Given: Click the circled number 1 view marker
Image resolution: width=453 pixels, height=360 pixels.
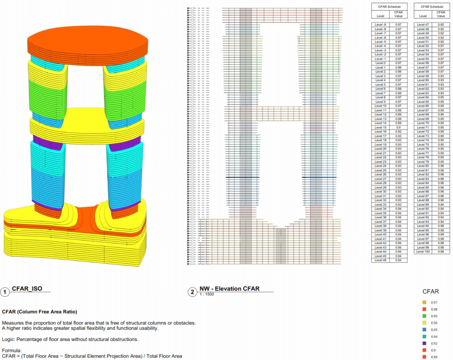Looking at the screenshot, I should click(x=5, y=292).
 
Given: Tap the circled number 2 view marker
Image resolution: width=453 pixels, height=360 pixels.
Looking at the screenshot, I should click(x=192, y=292).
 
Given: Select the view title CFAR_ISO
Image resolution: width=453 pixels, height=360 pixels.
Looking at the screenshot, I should click(x=27, y=289).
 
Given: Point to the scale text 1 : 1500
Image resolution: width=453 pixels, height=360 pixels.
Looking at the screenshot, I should click(x=207, y=294).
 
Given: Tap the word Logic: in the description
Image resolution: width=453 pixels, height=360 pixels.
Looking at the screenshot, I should click(x=9, y=339).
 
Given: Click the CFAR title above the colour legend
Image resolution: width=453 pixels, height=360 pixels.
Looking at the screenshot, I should click(x=431, y=291).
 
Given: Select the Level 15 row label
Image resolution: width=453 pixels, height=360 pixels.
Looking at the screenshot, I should click(x=381, y=127).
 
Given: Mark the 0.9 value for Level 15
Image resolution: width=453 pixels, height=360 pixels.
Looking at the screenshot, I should click(x=398, y=127).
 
